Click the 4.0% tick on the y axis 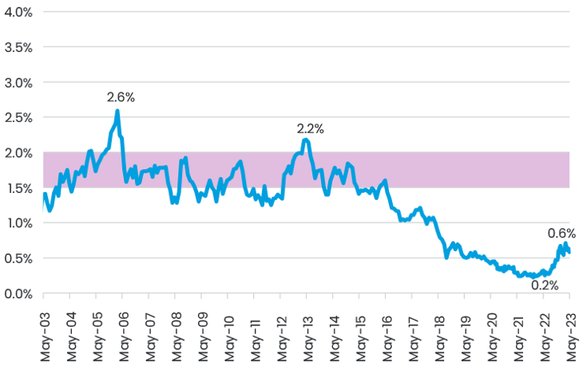coord(17,12)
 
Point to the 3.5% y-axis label coord(17,47)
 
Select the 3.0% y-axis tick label coord(17,82)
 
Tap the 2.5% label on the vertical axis coord(17,117)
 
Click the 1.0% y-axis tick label coord(17,223)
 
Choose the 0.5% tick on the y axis coord(17,258)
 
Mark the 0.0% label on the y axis coord(17,293)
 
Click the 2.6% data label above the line coord(121,97)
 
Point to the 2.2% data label coord(311,128)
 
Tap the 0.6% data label coord(561,233)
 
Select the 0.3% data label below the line coord(544,284)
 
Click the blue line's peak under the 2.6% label coord(117,112)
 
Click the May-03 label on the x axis coord(43,330)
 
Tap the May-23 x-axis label coord(570,330)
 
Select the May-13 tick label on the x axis coord(307,330)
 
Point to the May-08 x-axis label coord(175,330)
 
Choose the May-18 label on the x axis coord(438,330)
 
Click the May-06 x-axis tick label coord(122,330)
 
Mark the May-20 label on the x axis coord(491,330)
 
